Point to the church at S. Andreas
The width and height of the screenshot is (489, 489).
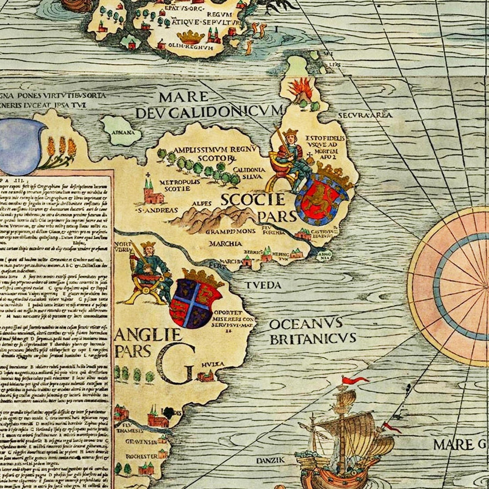(x=151, y=193)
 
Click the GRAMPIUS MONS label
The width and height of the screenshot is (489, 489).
(x=231, y=231)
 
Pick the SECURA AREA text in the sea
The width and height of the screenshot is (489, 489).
(x=365, y=115)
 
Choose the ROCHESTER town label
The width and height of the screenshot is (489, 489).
(x=141, y=457)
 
